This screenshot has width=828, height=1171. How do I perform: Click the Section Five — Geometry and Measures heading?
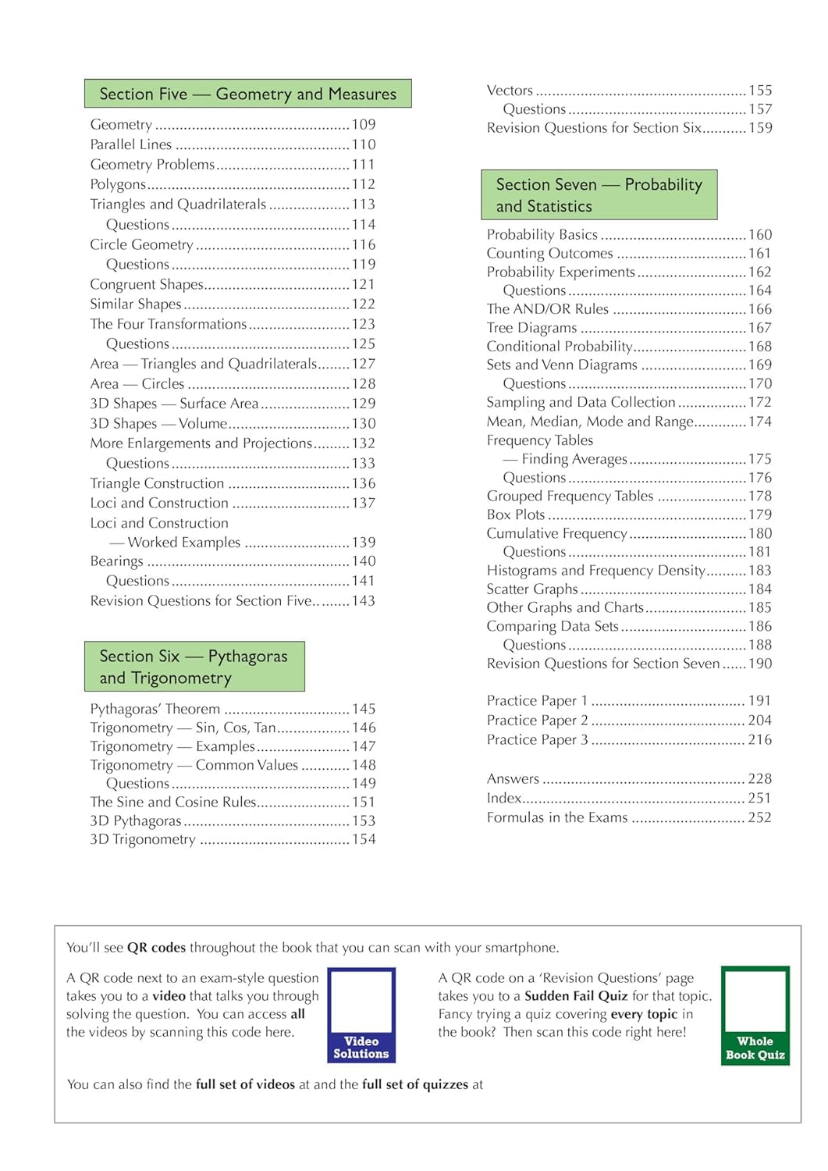pyautogui.click(x=247, y=94)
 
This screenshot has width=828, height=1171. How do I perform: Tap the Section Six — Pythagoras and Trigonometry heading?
pyautogui.click(x=194, y=667)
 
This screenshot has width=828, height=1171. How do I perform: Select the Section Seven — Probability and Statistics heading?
pyautogui.click(x=599, y=195)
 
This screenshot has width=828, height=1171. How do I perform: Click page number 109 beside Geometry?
pyautogui.click(x=364, y=124)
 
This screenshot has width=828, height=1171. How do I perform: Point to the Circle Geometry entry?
pyautogui.click(x=141, y=244)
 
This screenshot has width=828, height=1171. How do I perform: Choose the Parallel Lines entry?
pyautogui.click(x=130, y=144)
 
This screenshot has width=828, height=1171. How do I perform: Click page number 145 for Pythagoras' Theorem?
pyautogui.click(x=364, y=709)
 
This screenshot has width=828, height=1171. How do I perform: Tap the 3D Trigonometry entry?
pyautogui.click(x=143, y=839)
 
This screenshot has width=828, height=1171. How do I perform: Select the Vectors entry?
pyautogui.click(x=510, y=91)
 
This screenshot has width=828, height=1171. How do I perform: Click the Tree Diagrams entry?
pyautogui.click(x=531, y=328)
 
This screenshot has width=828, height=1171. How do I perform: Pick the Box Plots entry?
pyautogui.click(x=516, y=514)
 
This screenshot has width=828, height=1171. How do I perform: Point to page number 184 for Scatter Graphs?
pyautogui.click(x=760, y=589)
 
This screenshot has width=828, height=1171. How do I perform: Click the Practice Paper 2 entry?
pyautogui.click(x=537, y=721)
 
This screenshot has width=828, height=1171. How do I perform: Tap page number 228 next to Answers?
pyautogui.click(x=759, y=778)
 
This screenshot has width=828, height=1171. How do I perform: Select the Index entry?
pyautogui.click(x=504, y=798)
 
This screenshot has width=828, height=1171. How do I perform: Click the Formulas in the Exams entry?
pyautogui.click(x=556, y=817)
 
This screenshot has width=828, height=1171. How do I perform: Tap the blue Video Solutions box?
pyautogui.click(x=361, y=1015)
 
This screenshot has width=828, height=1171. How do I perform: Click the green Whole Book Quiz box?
pyautogui.click(x=755, y=1016)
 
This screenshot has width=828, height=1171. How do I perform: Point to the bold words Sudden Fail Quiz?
pyautogui.click(x=576, y=996)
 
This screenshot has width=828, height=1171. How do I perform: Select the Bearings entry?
pyautogui.click(x=116, y=561)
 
